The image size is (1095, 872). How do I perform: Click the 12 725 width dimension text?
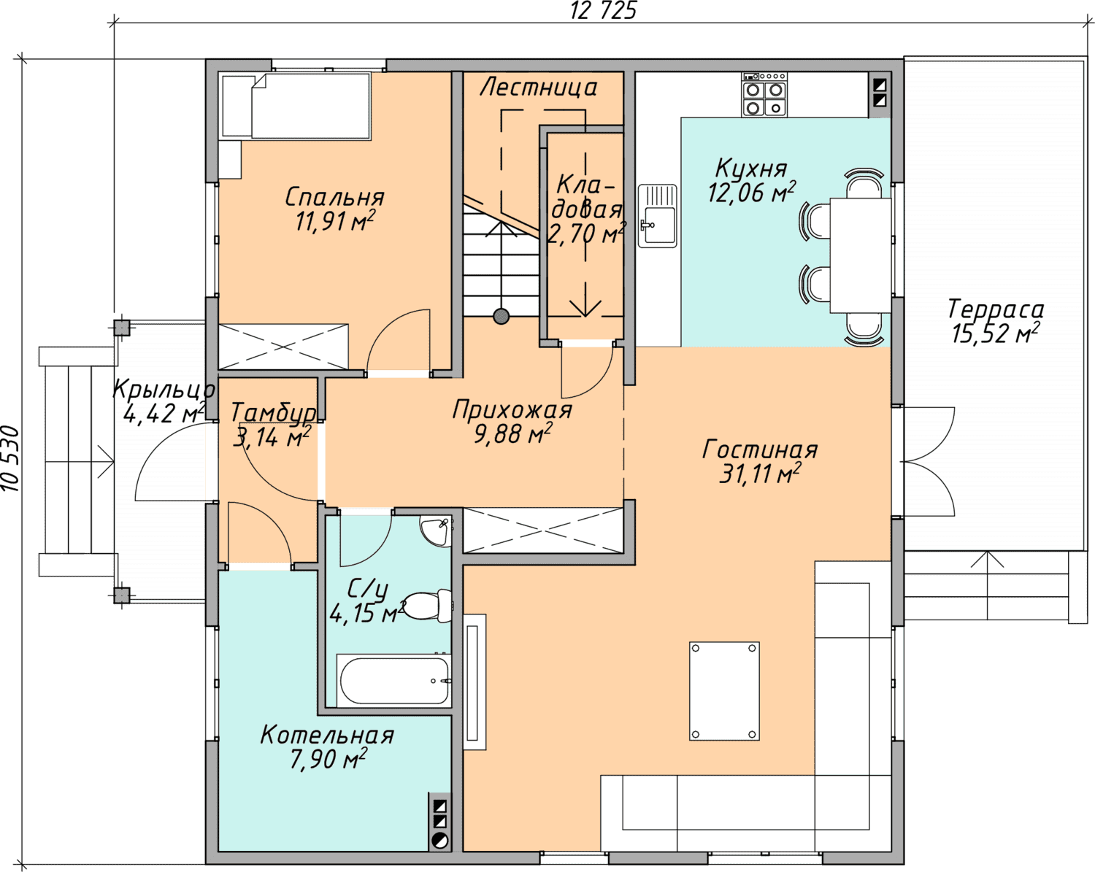click(603, 11)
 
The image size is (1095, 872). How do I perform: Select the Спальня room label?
click(334, 198)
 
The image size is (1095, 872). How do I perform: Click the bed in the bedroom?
click(311, 106)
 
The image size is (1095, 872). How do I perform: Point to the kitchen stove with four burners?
click(764, 95)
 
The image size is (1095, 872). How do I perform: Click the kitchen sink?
click(658, 216)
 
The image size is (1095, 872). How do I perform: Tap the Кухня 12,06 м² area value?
click(752, 193)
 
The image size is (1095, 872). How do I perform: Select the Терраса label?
click(996, 310)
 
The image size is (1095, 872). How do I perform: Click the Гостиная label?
click(760, 450)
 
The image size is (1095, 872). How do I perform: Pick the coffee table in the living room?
click(724, 691)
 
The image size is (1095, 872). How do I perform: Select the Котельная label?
click(327, 736)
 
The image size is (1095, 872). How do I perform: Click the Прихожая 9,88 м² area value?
click(513, 434)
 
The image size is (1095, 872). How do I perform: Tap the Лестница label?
click(538, 88)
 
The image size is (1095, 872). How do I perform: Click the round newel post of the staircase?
click(502, 317)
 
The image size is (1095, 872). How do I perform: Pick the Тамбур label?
click(274, 412)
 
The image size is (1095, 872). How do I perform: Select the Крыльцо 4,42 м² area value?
click(164, 413)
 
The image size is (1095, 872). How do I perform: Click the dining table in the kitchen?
click(861, 255)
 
